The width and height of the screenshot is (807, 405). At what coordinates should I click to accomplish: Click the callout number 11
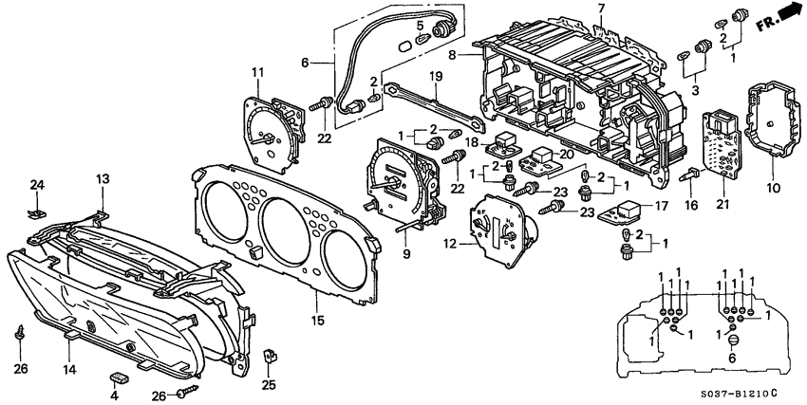point(256,72)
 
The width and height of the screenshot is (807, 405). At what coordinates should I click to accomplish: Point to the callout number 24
point(37,184)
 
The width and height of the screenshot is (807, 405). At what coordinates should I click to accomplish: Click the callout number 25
point(269,385)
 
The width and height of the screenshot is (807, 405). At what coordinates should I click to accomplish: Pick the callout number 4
point(114,396)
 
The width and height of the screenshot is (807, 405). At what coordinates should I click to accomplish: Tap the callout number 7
point(601,9)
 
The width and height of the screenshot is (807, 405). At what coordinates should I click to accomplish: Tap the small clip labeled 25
point(269,359)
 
